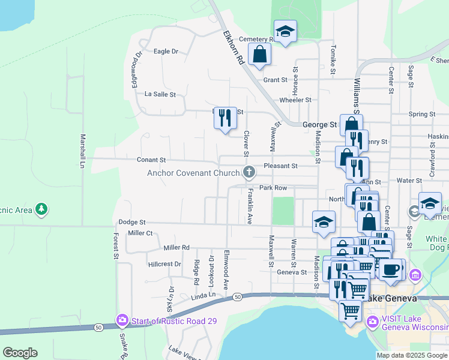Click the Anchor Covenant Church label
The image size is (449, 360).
[194, 173]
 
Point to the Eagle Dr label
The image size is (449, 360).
[166, 52]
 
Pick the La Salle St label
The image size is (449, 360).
[160, 94]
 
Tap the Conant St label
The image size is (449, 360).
[151, 160]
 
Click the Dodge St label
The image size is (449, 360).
[133, 222]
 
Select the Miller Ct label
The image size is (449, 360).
[140, 233]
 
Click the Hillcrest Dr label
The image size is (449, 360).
[164, 264]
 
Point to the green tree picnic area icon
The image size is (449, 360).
[41, 209]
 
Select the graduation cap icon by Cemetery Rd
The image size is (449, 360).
[285, 31]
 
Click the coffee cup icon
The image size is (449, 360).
[391, 269]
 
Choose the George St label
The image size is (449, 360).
[319, 125]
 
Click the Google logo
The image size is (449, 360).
[20, 353]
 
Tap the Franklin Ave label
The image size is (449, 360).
[250, 206]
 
